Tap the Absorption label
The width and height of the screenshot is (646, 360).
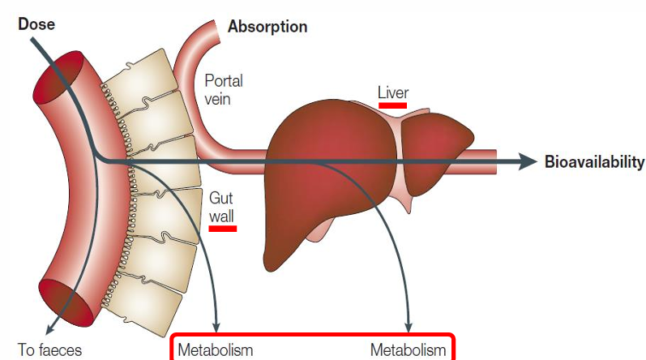[x=267, y=28]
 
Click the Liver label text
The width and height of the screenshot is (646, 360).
[x=393, y=92]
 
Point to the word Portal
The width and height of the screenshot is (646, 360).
[x=224, y=81]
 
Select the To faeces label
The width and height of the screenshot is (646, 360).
[x=49, y=351]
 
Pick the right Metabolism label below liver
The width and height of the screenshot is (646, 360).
[x=408, y=351]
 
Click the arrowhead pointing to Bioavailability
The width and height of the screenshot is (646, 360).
[x=528, y=161]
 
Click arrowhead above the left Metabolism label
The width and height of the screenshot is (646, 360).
[x=216, y=326]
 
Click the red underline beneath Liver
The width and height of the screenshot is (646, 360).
[x=393, y=105]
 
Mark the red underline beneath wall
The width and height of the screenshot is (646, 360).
[x=223, y=228]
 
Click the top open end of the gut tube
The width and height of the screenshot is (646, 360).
[x=60, y=77]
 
